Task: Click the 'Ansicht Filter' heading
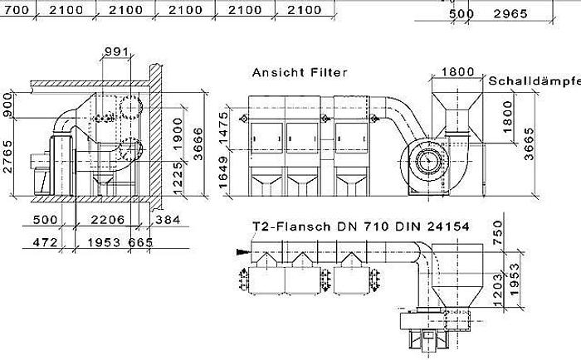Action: pos(300,72)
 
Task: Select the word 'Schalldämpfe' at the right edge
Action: pos(534,81)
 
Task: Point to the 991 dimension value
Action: pos(117,52)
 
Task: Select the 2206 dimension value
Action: pos(110,221)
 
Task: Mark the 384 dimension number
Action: pos(170,221)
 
